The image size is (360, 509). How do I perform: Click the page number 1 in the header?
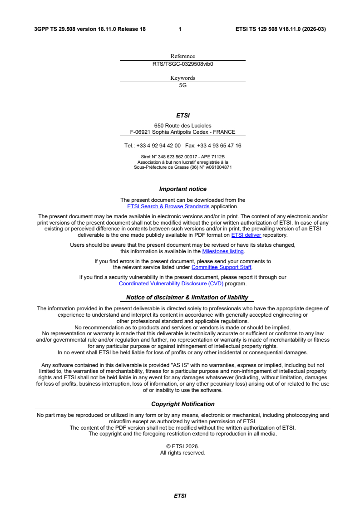click(x=180, y=29)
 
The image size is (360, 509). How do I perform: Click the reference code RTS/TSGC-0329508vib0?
click(x=182, y=64)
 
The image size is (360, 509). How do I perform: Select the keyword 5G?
click(x=182, y=85)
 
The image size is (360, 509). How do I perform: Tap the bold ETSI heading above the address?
click(x=182, y=116)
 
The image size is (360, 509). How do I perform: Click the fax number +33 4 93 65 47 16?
click(x=219, y=146)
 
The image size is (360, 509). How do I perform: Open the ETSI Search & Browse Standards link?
click(x=168, y=206)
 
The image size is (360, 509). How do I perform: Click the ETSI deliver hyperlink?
click(x=246, y=235)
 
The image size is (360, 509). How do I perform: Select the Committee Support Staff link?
click(x=221, y=267)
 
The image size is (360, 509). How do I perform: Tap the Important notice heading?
click(x=182, y=189)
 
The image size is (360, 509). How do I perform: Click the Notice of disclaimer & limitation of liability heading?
click(x=187, y=298)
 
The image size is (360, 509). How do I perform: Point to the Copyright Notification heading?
click(x=182, y=404)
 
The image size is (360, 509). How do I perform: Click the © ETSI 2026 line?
click(x=182, y=446)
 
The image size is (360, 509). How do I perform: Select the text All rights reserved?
click(x=182, y=453)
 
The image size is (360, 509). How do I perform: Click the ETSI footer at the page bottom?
click(x=180, y=496)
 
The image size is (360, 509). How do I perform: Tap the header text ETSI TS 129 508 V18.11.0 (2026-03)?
click(x=281, y=29)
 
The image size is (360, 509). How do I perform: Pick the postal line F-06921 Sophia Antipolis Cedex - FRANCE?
click(x=182, y=132)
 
